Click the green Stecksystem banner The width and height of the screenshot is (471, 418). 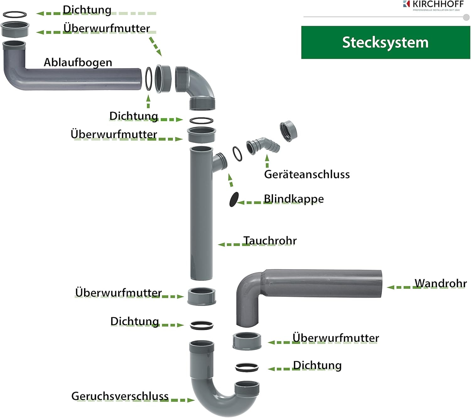coord(385,42)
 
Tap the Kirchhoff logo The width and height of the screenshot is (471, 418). coord(433,5)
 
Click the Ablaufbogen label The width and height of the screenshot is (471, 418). coord(78,62)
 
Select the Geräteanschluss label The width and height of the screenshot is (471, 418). coord(307,174)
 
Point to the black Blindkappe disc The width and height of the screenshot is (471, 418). coord(234,200)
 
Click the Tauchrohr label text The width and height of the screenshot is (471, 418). coord(270,241)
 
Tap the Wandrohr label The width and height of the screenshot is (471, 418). coord(440,283)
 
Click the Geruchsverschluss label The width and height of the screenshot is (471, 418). coord(120,396)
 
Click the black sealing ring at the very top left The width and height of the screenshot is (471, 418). coord(15,14)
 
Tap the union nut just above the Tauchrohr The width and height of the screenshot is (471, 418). coord(202,134)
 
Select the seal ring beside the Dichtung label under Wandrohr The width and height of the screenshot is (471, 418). coord(247,367)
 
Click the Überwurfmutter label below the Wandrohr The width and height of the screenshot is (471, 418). coord(335,338)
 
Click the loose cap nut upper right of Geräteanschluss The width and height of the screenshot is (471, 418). coord(289,131)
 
